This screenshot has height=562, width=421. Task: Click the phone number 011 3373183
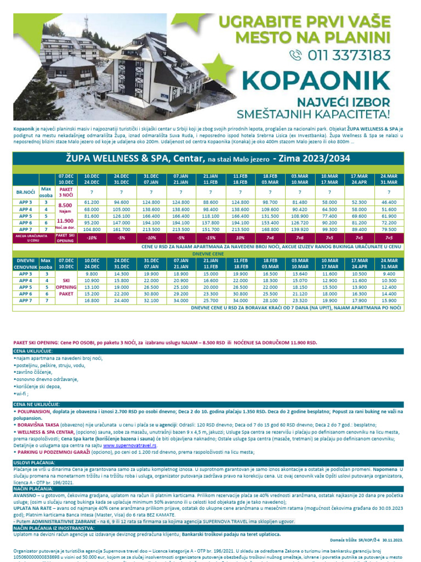click(x=349, y=54)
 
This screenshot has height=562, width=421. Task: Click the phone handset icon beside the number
click(x=297, y=55)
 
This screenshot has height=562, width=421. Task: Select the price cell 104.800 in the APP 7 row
click(x=92, y=229)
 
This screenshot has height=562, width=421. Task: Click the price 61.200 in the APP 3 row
click(x=92, y=202)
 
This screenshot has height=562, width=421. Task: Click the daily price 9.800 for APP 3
click(x=92, y=273)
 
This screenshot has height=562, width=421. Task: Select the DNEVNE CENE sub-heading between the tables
click(x=210, y=254)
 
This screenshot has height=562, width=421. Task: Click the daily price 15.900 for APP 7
click(x=389, y=300)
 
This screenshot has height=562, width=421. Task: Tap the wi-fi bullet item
click(x=22, y=394)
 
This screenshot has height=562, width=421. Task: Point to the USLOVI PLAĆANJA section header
click(x=33, y=463)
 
